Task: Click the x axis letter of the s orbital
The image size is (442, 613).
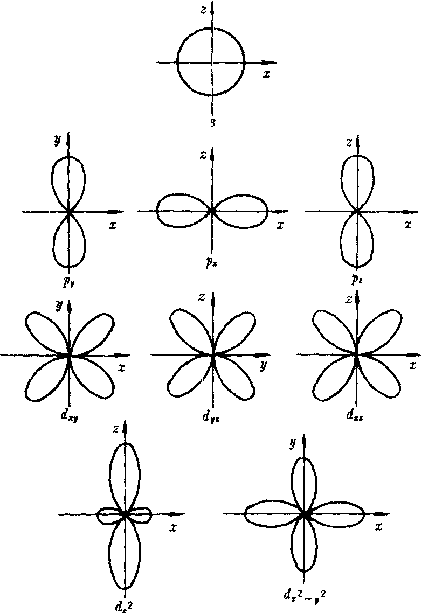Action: [266, 74]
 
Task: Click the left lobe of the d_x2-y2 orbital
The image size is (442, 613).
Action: [270, 514]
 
